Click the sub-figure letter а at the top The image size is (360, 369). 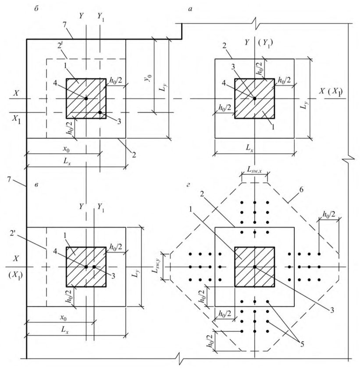[190, 9]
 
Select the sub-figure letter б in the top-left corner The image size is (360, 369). [36, 9]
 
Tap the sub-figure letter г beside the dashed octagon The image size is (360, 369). [188, 185]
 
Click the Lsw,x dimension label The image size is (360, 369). [254, 169]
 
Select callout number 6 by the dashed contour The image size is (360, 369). [301, 190]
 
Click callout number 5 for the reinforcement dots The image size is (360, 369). [302, 344]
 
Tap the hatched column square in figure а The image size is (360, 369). [254, 99]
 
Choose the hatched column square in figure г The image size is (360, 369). [254, 267]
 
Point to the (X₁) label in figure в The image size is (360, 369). [15, 275]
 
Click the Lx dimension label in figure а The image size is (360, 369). [250, 148]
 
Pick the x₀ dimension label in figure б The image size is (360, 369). [66, 149]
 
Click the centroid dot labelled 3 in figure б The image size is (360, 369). [100, 113]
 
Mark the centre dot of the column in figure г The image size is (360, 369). [254, 267]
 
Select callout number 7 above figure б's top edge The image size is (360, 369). [64, 25]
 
